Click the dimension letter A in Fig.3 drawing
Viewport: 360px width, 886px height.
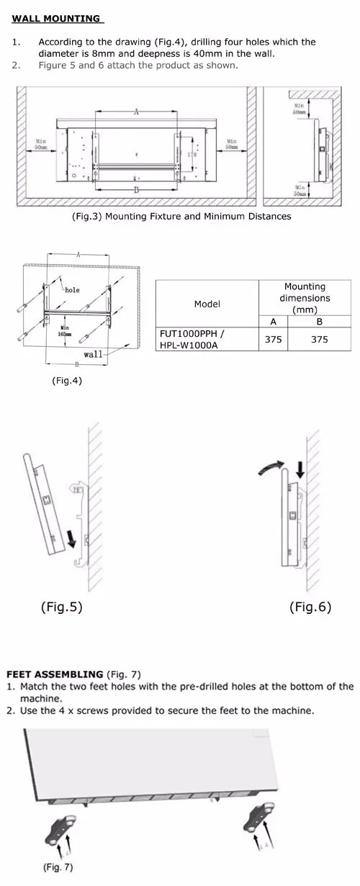136,112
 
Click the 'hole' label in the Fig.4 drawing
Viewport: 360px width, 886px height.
72,290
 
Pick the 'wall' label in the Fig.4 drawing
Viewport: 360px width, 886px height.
93,354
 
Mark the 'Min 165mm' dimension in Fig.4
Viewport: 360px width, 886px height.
65,331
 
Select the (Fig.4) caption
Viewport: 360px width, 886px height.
66,381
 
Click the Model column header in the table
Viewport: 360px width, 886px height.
207,304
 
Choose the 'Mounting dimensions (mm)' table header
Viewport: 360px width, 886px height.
305,297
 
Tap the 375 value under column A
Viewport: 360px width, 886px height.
273,340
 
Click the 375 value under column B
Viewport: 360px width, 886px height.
319,340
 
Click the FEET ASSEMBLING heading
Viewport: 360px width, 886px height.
55,674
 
